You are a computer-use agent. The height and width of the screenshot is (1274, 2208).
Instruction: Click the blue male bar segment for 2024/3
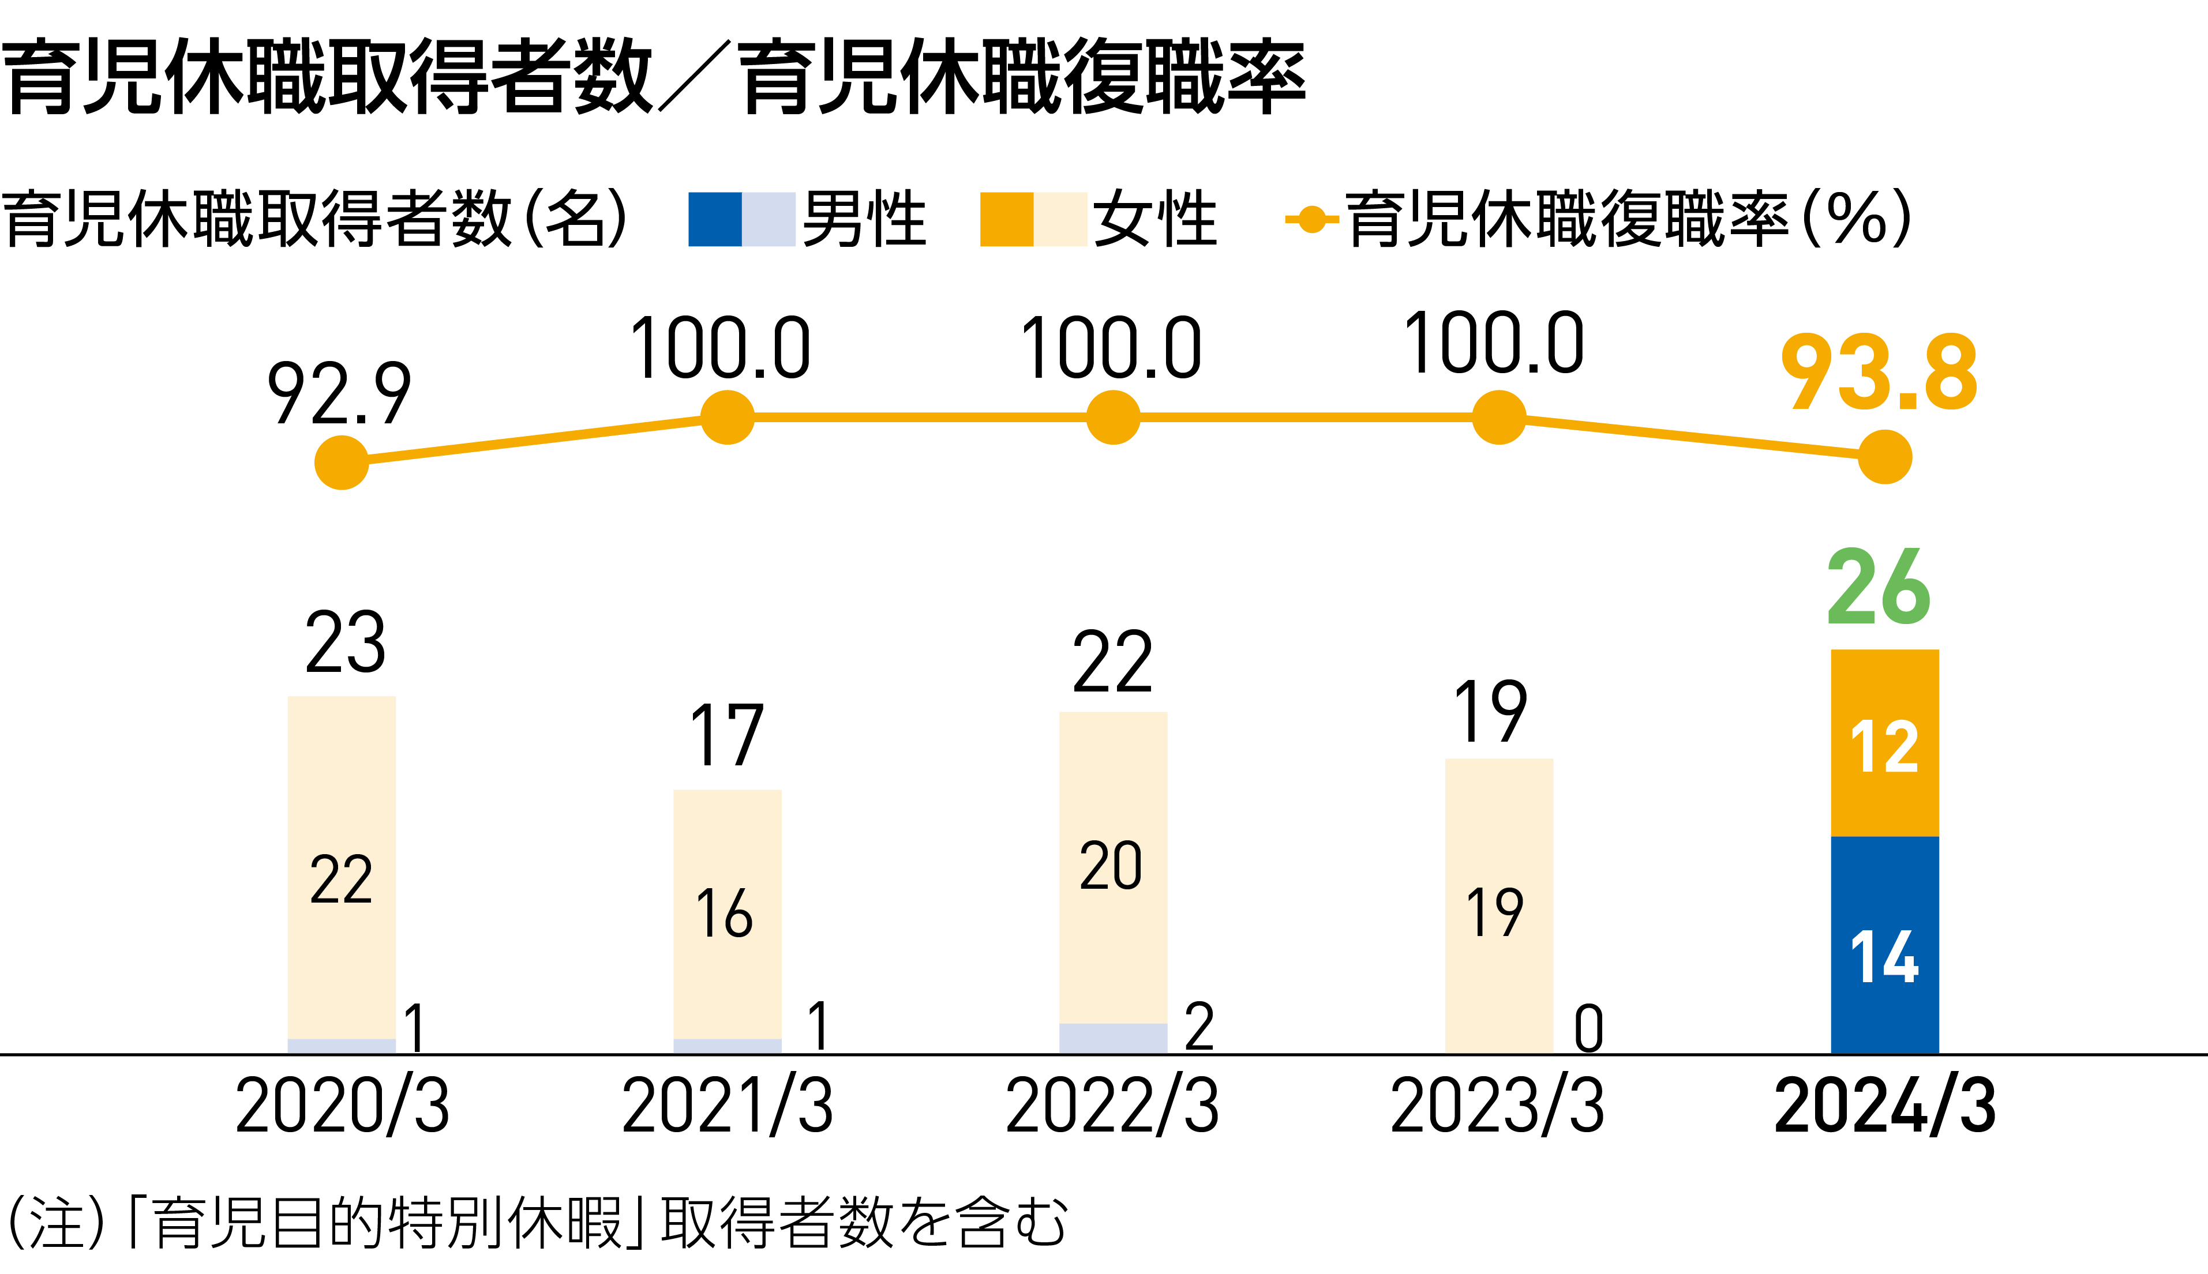pos(1885,945)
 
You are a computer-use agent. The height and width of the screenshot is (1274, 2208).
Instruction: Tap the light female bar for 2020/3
pos(342,866)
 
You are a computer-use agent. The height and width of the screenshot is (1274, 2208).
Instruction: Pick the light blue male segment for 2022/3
pos(1113,1038)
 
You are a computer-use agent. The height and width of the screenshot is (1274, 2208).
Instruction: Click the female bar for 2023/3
pos(1499,905)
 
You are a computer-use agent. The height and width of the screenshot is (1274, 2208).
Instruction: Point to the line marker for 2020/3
pos(342,462)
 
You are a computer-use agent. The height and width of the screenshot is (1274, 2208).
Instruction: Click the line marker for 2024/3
pos(1885,457)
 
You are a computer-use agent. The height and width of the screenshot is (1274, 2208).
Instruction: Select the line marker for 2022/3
pos(1113,418)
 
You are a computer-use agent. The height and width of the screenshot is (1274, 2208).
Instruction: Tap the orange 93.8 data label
pos(1879,374)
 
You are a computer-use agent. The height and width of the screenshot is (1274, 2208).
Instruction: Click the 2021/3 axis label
pos(727,1106)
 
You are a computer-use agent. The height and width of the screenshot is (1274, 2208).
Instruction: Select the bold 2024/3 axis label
pos(1885,1106)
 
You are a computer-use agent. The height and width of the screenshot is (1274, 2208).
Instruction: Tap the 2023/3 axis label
pos(1497,1106)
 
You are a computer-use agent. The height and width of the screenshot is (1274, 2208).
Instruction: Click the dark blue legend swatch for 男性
pos(714,219)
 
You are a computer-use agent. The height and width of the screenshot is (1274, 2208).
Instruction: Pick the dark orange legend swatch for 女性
pos(1006,219)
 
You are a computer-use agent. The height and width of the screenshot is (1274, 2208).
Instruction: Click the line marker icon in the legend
pos(1311,219)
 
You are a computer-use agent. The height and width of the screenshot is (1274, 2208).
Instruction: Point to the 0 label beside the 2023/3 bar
pos(1588,1029)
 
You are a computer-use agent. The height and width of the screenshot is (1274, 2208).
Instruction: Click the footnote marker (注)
pos(58,1222)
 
